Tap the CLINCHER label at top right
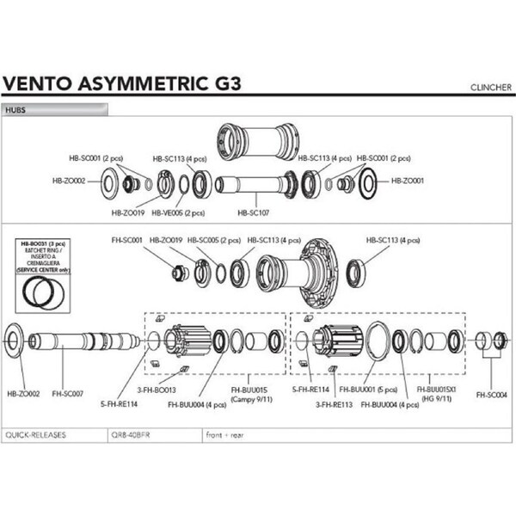coord(491,87)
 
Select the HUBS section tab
coord(17,110)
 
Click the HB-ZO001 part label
coord(408,181)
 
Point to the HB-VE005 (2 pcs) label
coord(178,212)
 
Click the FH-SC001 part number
coord(126,240)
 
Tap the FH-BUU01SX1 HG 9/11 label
coord(439,393)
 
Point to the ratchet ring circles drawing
coord(38,292)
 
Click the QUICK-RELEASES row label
coord(34,434)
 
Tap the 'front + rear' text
coord(226,434)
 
